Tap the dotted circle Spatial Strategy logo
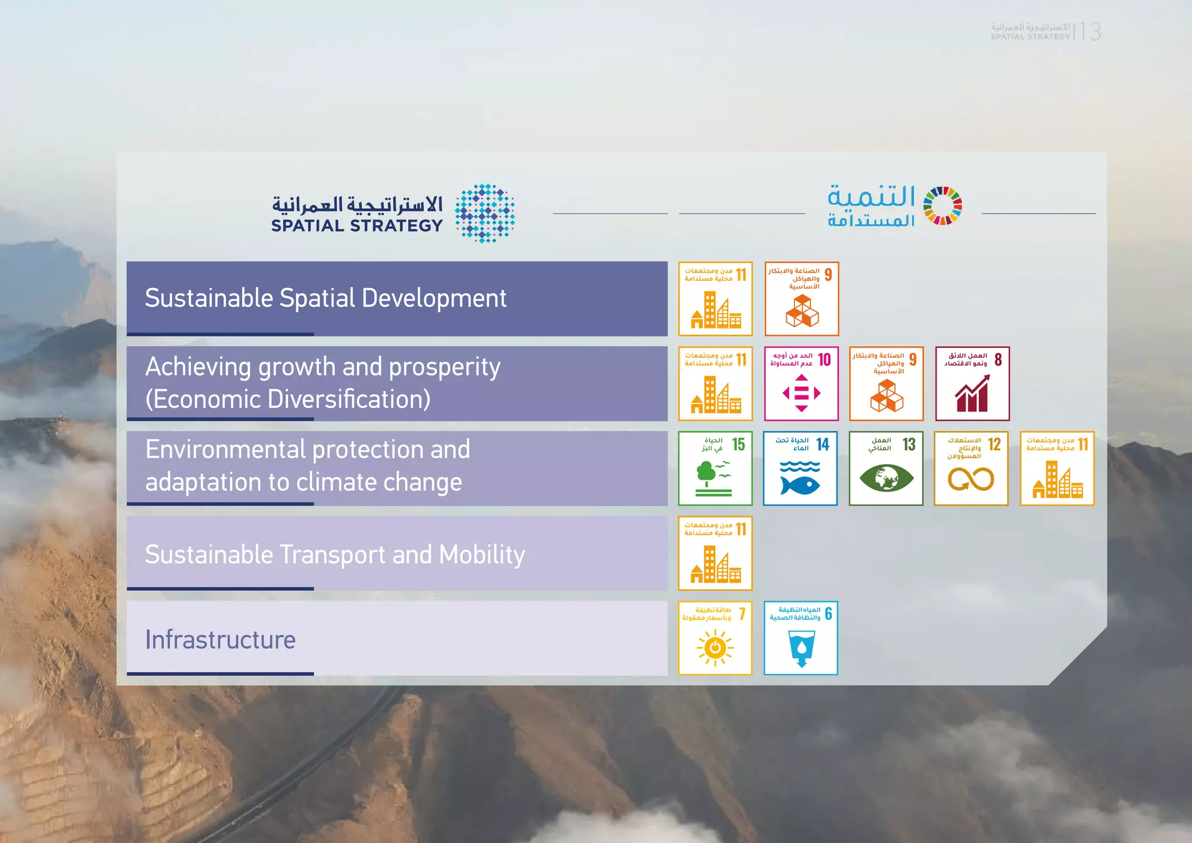pyautogui.click(x=485, y=213)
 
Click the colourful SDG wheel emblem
pyautogui.click(x=943, y=206)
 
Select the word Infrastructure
pyautogui.click(x=220, y=640)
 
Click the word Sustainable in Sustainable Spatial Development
pyautogui.click(x=209, y=298)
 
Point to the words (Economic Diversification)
pyautogui.click(x=288, y=399)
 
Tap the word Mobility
pyautogui.click(x=482, y=555)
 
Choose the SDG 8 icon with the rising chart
pyautogui.click(x=972, y=384)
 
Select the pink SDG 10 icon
pyautogui.click(x=801, y=384)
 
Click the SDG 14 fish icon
pyautogui.click(x=800, y=469)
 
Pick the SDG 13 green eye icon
pyautogui.click(x=886, y=469)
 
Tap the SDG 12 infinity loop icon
pyautogui.click(x=971, y=469)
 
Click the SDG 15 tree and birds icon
pyautogui.click(x=715, y=469)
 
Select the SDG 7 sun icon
pyautogui.click(x=715, y=638)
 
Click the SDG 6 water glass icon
pyautogui.click(x=801, y=638)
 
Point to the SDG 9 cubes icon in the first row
pyautogui.click(x=801, y=299)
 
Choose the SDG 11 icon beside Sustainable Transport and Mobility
pyautogui.click(x=715, y=553)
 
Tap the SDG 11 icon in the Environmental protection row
pyautogui.click(x=1057, y=469)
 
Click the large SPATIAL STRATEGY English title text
pyautogui.click(x=357, y=226)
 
